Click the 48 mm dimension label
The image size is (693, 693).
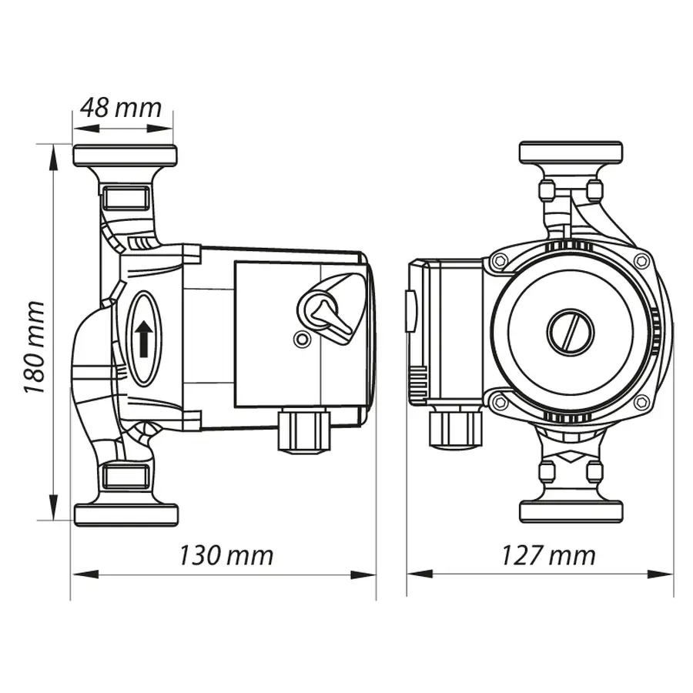[x=122, y=107]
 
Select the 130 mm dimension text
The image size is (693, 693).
[x=226, y=554]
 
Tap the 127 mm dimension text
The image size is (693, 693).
[x=548, y=554]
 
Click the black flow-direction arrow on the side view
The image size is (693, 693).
[x=143, y=339]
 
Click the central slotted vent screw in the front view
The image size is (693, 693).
[x=571, y=333]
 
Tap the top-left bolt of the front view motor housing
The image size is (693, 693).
[x=500, y=262]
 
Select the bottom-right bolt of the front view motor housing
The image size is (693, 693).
[x=641, y=401]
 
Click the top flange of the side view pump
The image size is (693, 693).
[x=125, y=156]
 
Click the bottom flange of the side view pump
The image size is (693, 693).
[x=126, y=514]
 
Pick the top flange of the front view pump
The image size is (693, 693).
[x=571, y=152]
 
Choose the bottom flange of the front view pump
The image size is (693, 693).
[x=571, y=511]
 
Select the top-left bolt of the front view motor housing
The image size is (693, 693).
[x=500, y=262]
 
